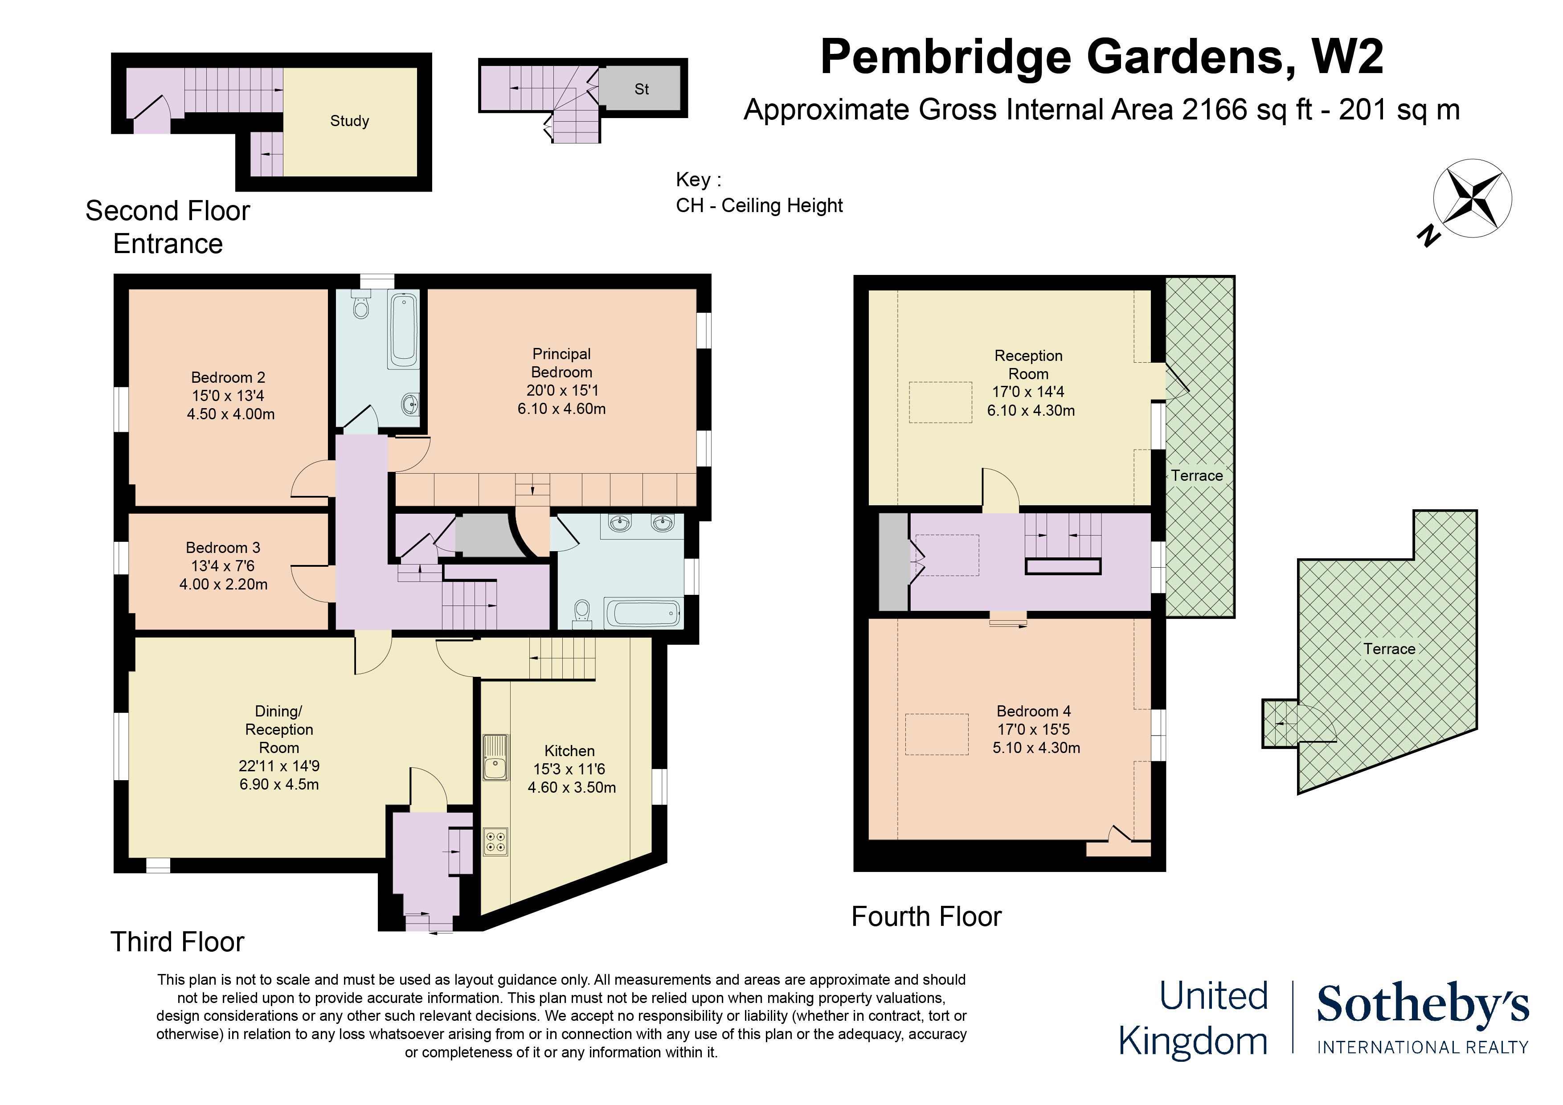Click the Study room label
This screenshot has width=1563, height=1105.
click(349, 121)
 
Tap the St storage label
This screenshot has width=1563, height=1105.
click(641, 89)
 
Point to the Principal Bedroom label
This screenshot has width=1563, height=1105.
click(561, 363)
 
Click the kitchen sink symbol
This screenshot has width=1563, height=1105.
click(495, 757)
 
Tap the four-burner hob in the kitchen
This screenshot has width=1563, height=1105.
click(495, 842)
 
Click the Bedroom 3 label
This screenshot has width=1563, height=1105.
click(223, 548)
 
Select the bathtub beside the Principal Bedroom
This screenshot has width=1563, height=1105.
click(403, 330)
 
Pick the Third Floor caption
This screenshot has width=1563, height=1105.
click(177, 941)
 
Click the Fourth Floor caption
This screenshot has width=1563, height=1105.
click(926, 917)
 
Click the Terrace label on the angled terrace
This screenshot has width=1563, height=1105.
click(1389, 649)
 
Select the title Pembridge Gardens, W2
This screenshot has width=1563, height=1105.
click(1101, 57)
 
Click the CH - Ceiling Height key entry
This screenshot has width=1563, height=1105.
click(759, 205)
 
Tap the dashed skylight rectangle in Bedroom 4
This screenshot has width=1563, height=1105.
click(936, 734)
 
